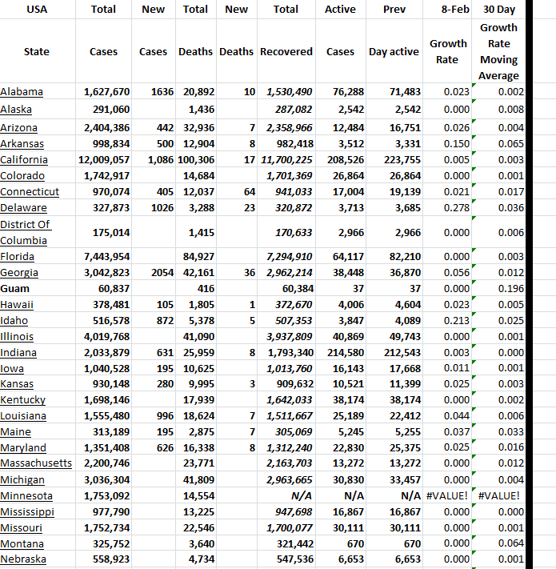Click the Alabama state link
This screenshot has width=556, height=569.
pyautogui.click(x=22, y=92)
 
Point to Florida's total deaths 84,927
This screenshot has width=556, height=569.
pyautogui.click(x=196, y=256)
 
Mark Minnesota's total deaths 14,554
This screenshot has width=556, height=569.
pyautogui.click(x=196, y=496)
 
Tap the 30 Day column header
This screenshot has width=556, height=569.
pyautogui.click(x=499, y=10)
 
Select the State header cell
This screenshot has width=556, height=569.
pyautogui.click(x=36, y=52)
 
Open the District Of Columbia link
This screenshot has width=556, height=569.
pyautogui.click(x=26, y=232)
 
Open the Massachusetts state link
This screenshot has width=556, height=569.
pyautogui.click(x=36, y=463)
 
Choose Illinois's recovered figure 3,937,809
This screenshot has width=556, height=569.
pyautogui.click(x=287, y=336)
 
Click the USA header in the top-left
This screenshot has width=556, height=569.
pyautogui.click(x=36, y=10)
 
